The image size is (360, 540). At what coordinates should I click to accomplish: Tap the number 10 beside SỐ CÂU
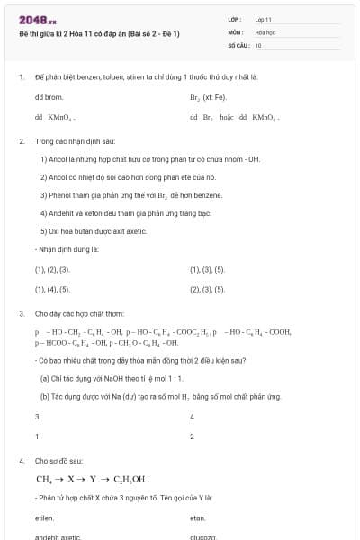tap(258, 44)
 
